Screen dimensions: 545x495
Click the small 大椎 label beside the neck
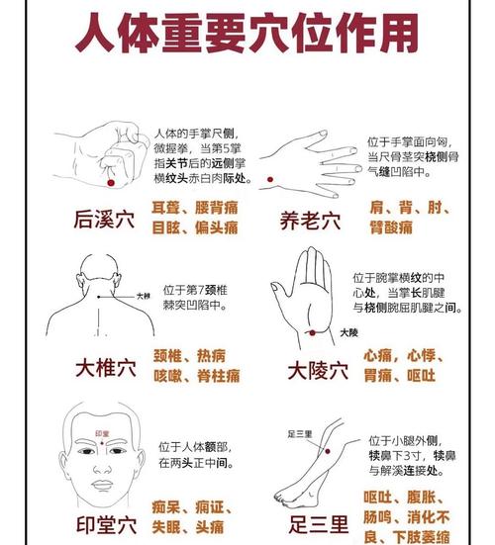(x=144, y=295)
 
